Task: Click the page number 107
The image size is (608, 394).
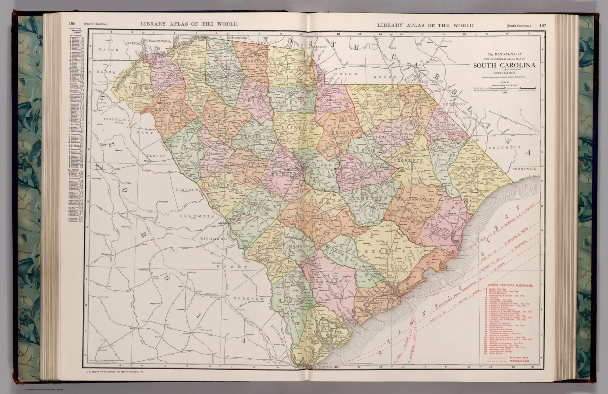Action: (x=542, y=25)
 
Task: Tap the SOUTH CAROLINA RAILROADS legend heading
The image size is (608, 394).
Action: (x=510, y=285)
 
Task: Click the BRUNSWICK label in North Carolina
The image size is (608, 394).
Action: (x=524, y=169)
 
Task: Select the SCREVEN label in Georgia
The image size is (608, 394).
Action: (x=248, y=298)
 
